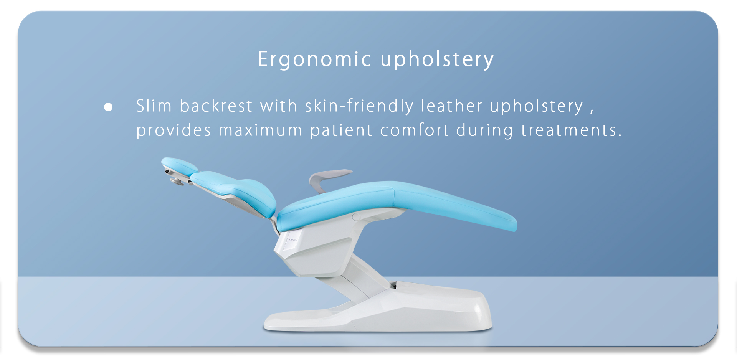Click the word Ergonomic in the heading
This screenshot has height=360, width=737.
tap(314, 59)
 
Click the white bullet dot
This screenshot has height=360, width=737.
tap(108, 107)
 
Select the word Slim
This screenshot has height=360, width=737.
tap(154, 106)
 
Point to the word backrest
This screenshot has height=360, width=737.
tap(216, 106)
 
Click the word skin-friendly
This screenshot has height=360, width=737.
tap(359, 106)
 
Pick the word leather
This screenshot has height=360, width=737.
tap(452, 106)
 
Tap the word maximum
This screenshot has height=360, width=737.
tap(261, 130)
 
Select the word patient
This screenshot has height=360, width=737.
tap(341, 130)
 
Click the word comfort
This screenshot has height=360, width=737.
tap(415, 130)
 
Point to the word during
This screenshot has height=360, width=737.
tap(484, 130)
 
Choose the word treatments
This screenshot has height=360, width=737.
tap(571, 130)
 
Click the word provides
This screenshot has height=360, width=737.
tap(174, 130)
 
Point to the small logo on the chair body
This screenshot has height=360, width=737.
tap(293, 240)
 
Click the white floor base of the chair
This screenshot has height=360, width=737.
tap(378, 311)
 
